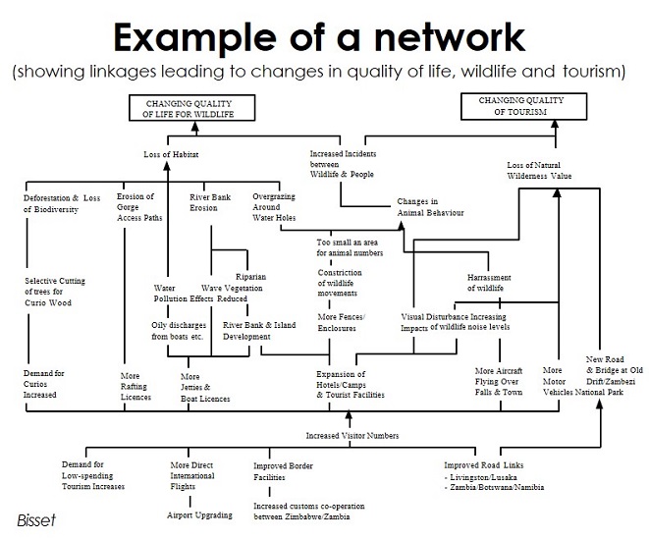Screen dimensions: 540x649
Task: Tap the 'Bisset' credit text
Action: click(x=35, y=517)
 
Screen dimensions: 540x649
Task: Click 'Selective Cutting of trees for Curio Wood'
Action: click(x=55, y=292)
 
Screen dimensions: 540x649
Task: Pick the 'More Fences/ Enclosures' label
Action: click(x=342, y=323)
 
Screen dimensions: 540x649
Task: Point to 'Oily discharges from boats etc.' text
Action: click(x=177, y=331)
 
